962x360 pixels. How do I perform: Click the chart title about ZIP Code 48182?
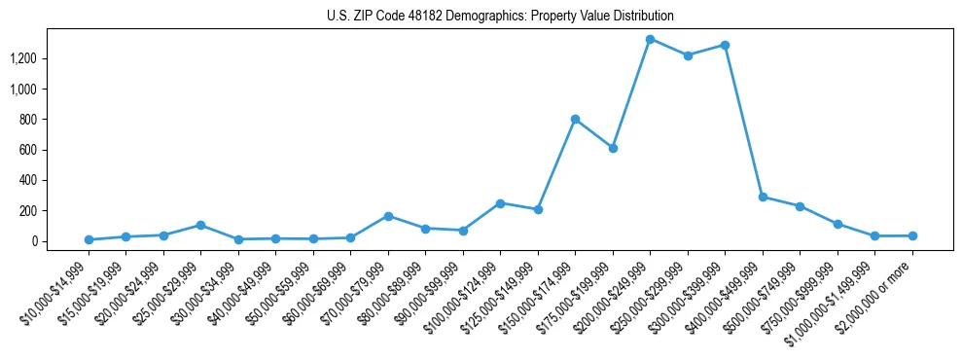click(500, 17)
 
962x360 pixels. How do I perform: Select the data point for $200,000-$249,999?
click(650, 39)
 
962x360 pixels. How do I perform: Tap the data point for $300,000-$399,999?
click(725, 45)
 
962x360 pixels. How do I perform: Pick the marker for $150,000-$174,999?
click(575, 119)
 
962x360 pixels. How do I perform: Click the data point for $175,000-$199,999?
click(613, 148)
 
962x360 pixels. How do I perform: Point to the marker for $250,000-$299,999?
click(688, 55)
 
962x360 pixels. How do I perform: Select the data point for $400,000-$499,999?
click(763, 197)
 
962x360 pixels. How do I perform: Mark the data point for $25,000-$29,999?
click(200, 225)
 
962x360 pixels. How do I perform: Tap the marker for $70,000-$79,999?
click(388, 216)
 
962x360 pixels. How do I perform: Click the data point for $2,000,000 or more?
click(912, 235)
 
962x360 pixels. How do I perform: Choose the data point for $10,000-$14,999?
click(89, 239)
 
